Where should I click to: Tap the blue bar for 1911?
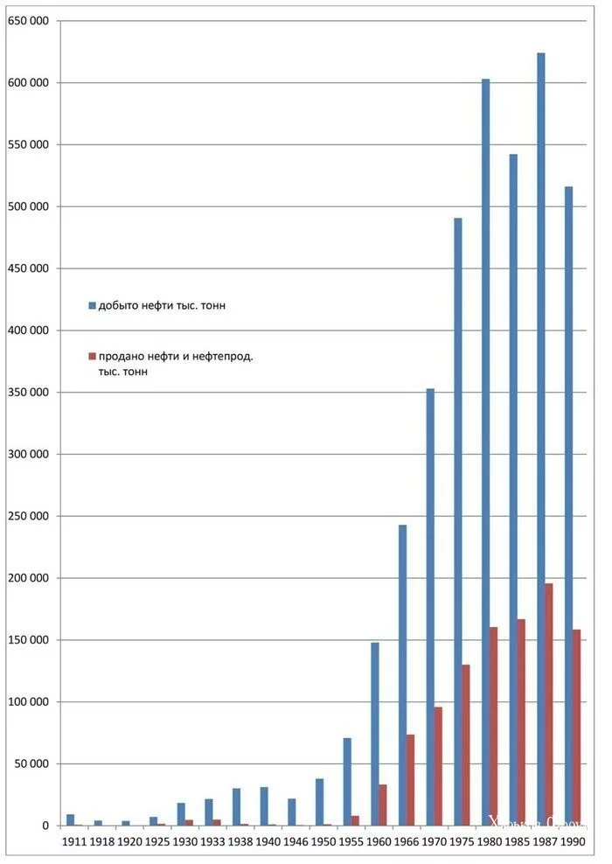click(x=70, y=819)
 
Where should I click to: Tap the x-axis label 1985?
click(x=518, y=842)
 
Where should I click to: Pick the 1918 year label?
click(x=102, y=842)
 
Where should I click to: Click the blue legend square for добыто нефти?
click(x=92, y=305)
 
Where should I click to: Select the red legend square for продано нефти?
click(x=92, y=356)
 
